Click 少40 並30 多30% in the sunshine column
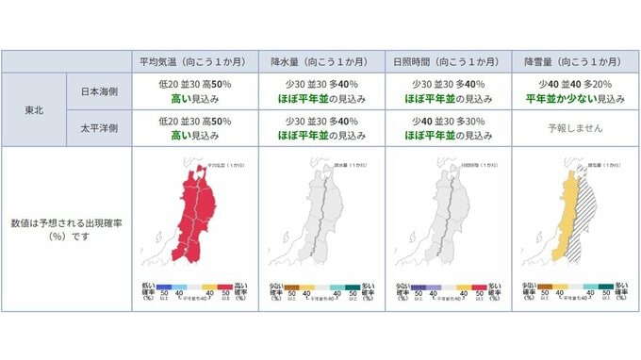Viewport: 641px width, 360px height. (447, 120)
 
